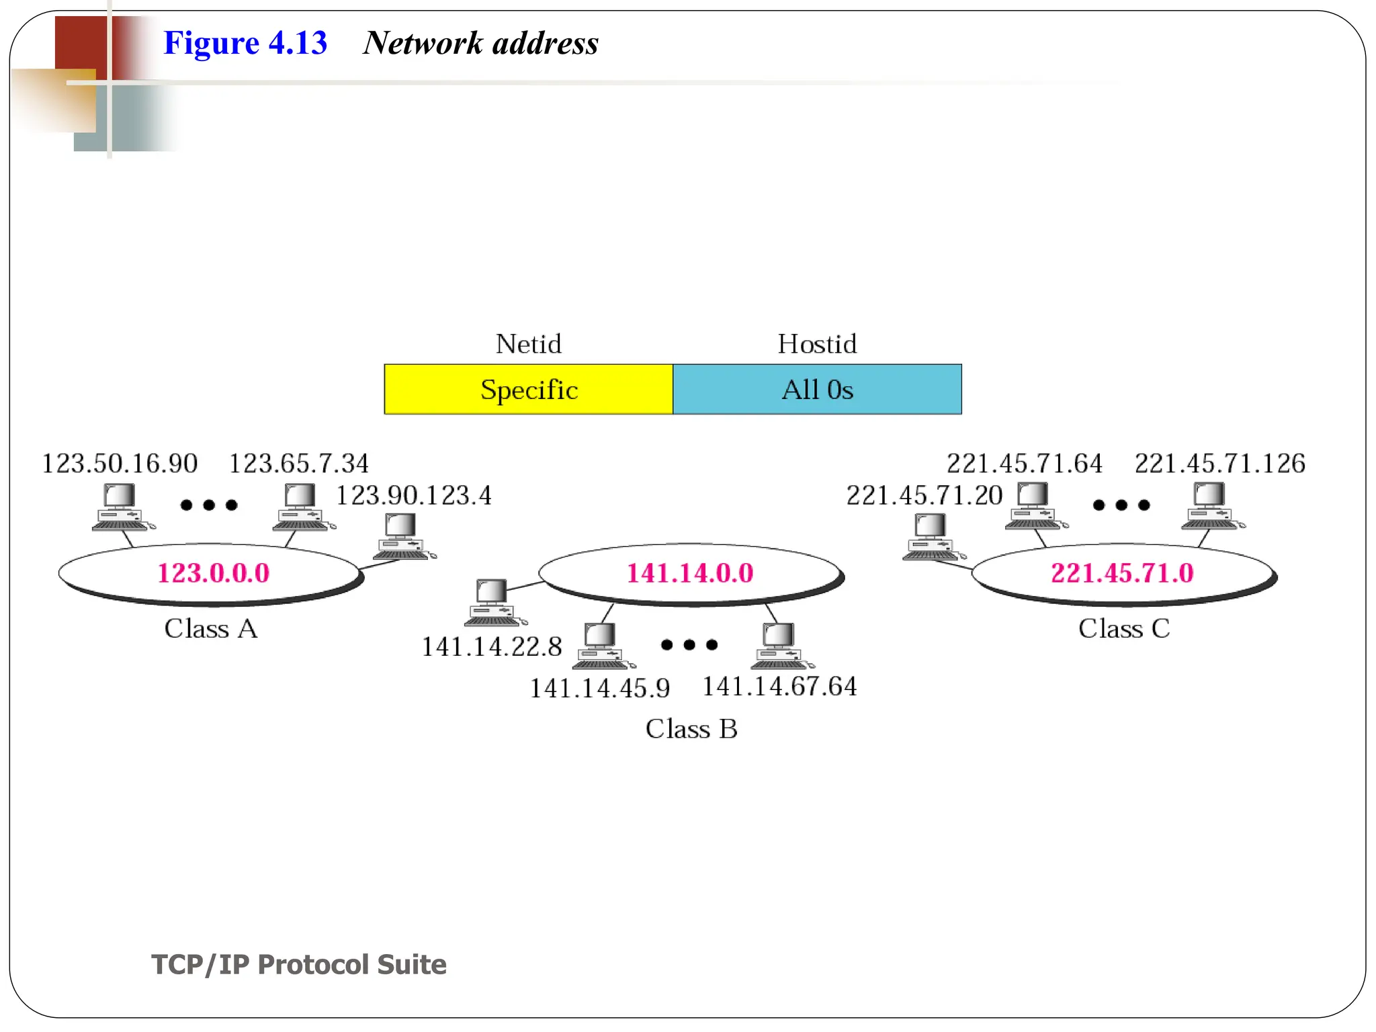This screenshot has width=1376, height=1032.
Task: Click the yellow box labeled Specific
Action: [528, 390]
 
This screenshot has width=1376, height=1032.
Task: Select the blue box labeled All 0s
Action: [817, 390]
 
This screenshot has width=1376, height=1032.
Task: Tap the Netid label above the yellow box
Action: [528, 344]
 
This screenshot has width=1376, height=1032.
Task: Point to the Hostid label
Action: [817, 344]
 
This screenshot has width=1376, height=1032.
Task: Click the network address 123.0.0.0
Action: [213, 573]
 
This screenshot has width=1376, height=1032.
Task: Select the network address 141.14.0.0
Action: [690, 573]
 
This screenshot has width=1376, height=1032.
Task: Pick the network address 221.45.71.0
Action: [1122, 573]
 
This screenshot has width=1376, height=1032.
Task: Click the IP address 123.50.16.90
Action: [120, 464]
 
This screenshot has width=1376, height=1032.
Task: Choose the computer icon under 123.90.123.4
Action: [402, 537]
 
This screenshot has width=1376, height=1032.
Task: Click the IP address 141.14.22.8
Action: [491, 647]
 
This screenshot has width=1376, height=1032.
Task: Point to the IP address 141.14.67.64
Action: [779, 687]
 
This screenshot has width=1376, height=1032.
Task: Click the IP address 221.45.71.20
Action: [924, 496]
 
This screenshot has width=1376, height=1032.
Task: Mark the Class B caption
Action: [691, 729]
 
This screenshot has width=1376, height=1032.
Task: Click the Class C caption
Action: [1124, 629]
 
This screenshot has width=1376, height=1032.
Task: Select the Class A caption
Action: [211, 629]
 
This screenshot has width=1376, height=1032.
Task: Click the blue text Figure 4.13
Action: [245, 43]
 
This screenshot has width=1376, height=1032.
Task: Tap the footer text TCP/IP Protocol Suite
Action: [299, 964]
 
